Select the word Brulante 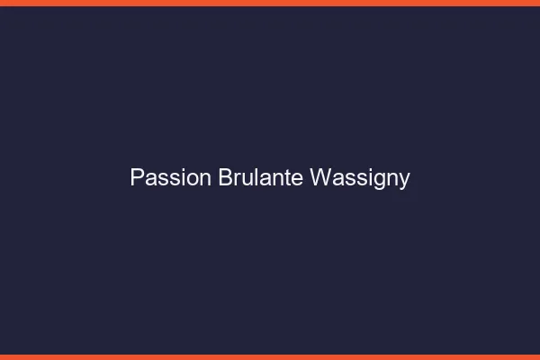261,178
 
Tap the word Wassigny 360,178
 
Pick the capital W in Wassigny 319,178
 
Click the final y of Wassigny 404,180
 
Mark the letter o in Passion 192,178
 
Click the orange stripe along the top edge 270,3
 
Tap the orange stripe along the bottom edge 270,356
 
